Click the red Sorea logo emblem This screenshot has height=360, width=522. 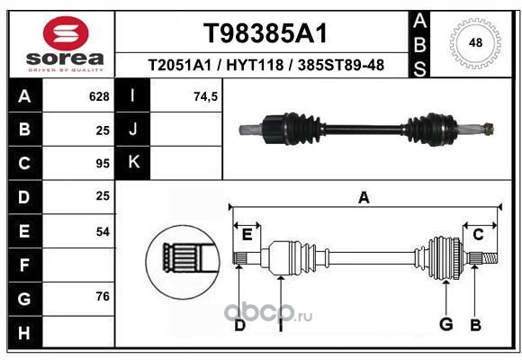tap(66, 33)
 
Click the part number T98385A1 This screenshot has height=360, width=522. tap(265, 33)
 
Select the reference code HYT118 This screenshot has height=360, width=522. tap(255, 65)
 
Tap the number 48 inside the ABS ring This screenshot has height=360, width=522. tap(475, 42)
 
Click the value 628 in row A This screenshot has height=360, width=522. tap(99, 96)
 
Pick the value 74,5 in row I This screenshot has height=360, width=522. tap(205, 96)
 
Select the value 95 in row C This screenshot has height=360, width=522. tap(103, 164)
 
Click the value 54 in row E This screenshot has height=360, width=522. tap(103, 231)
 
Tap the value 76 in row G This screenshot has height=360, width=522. tap(103, 296)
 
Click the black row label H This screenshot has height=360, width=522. tap(25, 332)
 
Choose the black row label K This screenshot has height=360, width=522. tap(133, 163)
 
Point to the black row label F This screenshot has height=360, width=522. tap(25, 265)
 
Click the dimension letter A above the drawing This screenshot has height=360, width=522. tap(364, 198)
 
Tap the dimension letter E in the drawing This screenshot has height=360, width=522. tap(247, 235)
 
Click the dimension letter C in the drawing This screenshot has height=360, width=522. tap(478, 235)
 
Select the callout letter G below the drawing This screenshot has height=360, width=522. tap(446, 324)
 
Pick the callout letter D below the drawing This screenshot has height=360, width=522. tap(239, 326)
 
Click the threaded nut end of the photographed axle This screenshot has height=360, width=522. tap(489, 128)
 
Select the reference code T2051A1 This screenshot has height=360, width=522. tap(179, 65)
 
